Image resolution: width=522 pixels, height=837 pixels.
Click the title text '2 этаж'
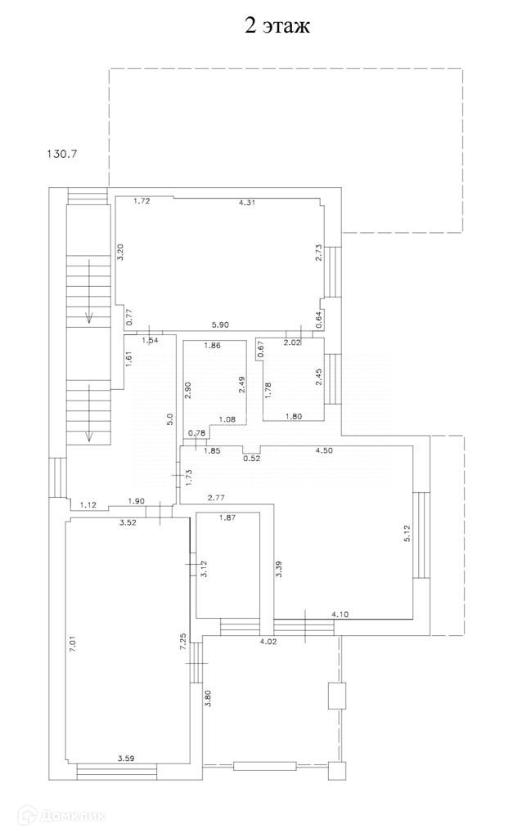(x=277, y=25)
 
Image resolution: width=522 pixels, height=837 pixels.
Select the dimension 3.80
(x=208, y=699)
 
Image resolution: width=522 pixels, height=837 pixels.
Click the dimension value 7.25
(x=185, y=641)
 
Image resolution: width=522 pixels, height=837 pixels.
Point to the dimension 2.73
(x=321, y=253)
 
